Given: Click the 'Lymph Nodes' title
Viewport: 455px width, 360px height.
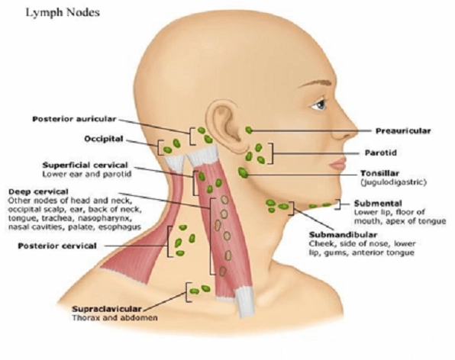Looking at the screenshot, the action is click(x=63, y=13).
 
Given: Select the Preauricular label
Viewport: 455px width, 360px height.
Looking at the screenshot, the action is click(x=403, y=131).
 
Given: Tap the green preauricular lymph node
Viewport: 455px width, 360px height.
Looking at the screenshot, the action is click(x=249, y=130).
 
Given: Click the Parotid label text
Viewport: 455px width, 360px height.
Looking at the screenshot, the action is click(x=380, y=153).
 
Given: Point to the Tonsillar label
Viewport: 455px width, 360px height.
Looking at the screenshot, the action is click(x=379, y=173).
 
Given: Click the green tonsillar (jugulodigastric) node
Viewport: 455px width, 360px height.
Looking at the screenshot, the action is click(x=243, y=172).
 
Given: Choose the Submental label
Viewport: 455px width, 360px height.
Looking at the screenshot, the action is click(x=378, y=203).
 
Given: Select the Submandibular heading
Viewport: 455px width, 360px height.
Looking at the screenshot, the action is click(x=343, y=235).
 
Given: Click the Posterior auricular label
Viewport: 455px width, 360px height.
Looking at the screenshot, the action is click(x=74, y=119).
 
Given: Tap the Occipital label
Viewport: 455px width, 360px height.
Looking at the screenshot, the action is click(x=104, y=139).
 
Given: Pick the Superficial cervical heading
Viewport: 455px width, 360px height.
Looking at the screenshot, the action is click(x=85, y=166).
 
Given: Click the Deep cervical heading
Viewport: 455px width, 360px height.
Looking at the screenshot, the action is click(x=38, y=191).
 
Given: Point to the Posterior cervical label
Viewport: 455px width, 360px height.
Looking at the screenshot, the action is click(x=57, y=246).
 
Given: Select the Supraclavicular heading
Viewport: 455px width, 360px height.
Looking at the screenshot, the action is click(x=106, y=309).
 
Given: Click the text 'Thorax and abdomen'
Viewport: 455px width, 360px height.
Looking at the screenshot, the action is click(x=115, y=318).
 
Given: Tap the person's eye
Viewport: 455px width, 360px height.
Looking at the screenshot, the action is click(x=319, y=104).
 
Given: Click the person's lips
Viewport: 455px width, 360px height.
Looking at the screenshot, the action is click(x=337, y=164).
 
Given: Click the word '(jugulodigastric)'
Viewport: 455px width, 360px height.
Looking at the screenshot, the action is click(x=393, y=182).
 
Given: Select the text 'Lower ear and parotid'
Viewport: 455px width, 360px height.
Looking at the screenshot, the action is click(x=87, y=174).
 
